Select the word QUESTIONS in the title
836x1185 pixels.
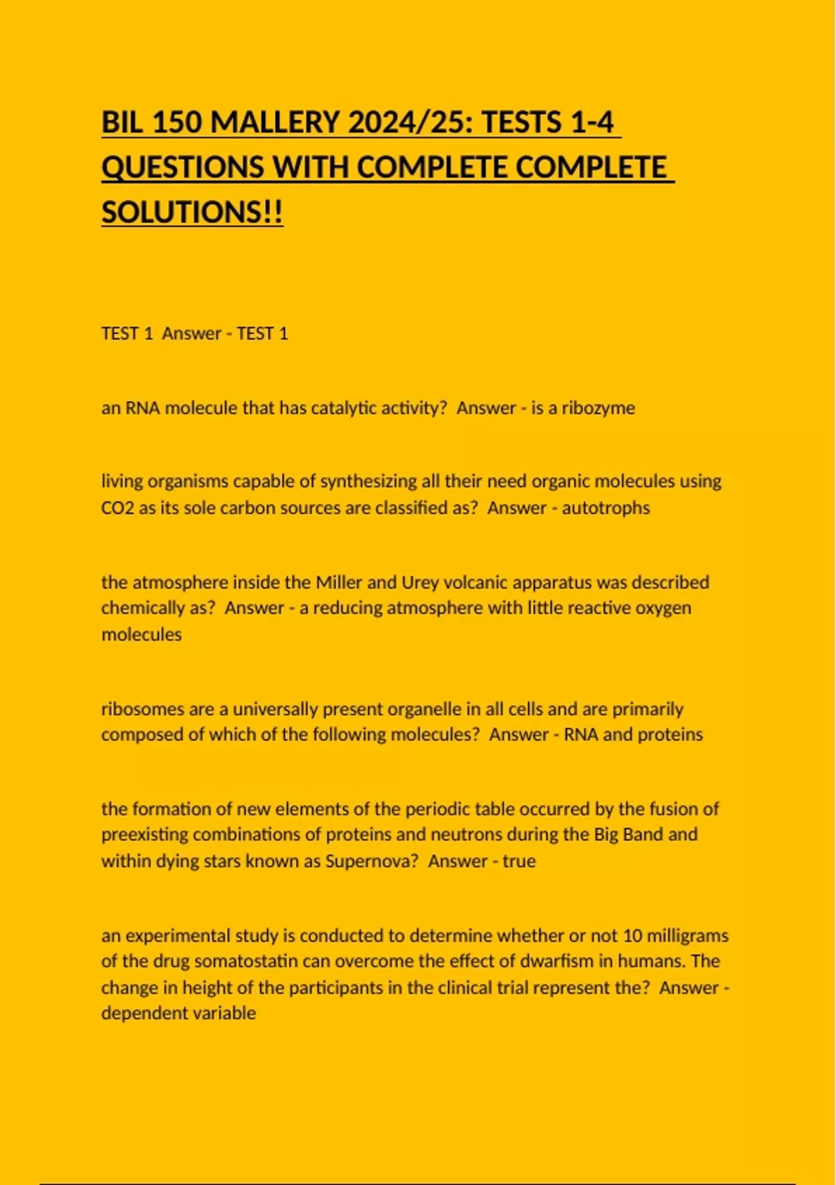pyautogui.click(x=183, y=167)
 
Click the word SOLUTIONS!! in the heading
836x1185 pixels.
pyautogui.click(x=192, y=212)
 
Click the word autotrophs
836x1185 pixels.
pyautogui.click(x=605, y=507)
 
